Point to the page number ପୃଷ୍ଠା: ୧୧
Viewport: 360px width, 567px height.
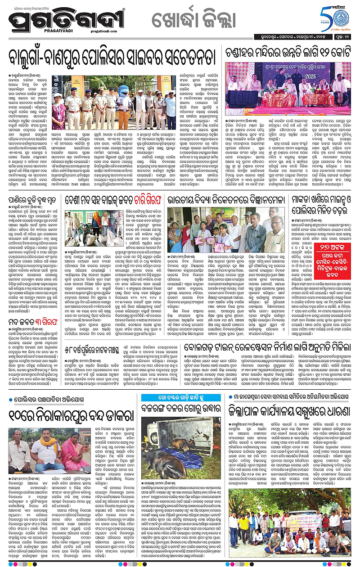[x=344, y=45]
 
